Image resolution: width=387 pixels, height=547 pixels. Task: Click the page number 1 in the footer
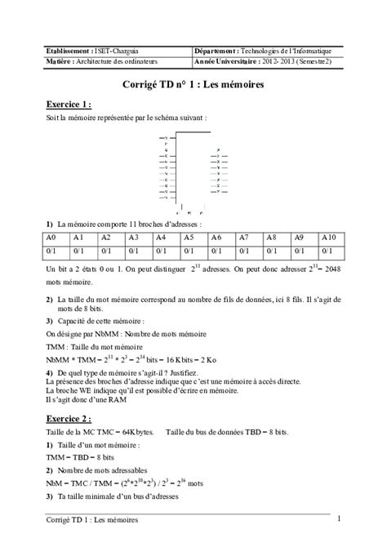[x=338, y=518]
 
